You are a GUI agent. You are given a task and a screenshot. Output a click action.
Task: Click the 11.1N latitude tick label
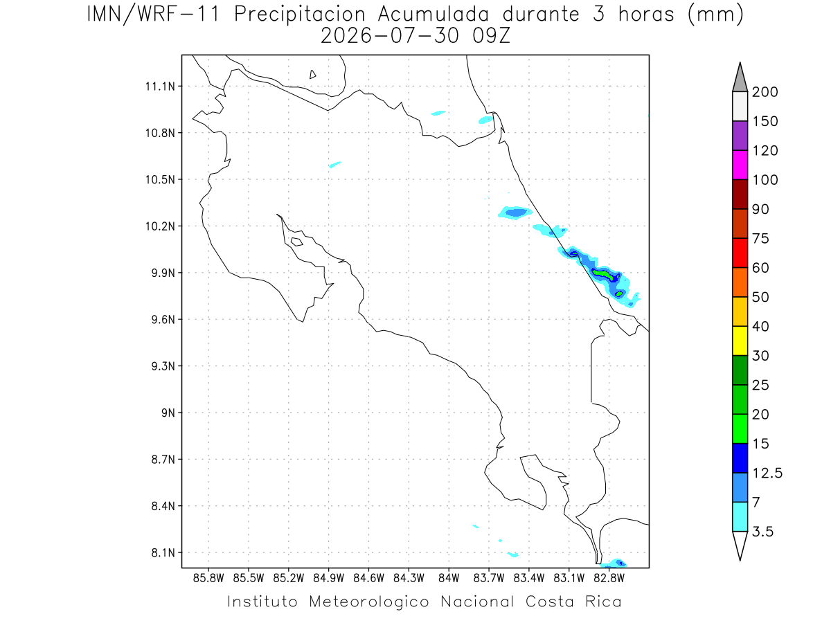(160, 87)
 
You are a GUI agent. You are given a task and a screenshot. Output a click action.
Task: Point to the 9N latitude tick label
(168, 413)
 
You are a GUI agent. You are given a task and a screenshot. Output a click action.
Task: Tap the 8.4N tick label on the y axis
(163, 506)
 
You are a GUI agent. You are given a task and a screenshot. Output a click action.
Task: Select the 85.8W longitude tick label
(208, 579)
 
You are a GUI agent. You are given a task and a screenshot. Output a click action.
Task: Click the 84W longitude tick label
(449, 579)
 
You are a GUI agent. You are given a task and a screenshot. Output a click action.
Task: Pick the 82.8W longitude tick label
(609, 579)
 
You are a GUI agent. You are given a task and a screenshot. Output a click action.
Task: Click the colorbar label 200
(765, 92)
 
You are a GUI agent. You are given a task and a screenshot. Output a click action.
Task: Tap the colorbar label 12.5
(767, 473)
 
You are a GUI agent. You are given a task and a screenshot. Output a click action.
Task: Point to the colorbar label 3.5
(762, 532)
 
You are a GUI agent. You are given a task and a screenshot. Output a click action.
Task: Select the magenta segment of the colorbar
(740, 165)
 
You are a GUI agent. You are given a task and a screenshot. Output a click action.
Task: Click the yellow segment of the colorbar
(740, 341)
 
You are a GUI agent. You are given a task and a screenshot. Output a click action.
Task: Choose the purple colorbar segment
(740, 136)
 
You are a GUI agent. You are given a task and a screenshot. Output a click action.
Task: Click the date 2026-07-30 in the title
(390, 36)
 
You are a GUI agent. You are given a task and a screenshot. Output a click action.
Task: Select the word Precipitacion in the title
(300, 15)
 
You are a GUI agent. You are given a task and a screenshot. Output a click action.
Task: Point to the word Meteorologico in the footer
(369, 602)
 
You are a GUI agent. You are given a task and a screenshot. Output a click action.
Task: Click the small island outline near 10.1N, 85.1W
(297, 242)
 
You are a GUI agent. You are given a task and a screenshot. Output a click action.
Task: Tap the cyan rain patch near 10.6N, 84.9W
(334, 165)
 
